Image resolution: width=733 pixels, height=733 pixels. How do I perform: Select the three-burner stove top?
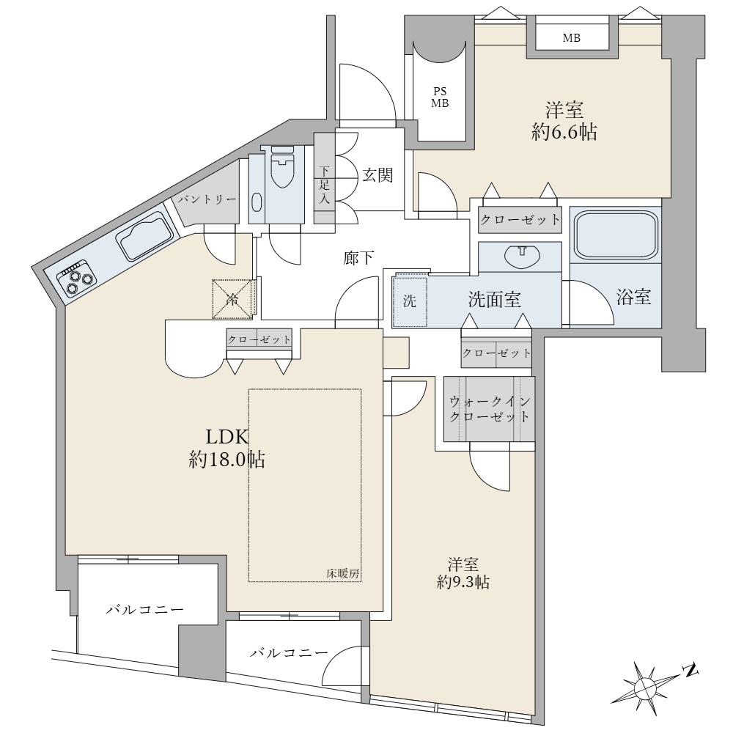77,279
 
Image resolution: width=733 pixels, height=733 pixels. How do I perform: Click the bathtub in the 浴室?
615,235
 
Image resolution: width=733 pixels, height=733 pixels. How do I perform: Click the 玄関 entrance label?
377,175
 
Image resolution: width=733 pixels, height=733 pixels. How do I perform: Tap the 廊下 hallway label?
358,257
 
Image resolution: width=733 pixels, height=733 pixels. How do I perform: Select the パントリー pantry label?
206,199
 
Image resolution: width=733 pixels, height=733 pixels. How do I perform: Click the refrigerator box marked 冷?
232,299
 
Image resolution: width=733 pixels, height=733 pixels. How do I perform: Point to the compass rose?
649,687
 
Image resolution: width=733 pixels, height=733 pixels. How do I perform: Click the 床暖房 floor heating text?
342,574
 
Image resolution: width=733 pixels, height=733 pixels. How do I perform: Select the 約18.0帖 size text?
227,460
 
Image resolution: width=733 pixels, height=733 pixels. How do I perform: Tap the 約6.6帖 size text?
564,132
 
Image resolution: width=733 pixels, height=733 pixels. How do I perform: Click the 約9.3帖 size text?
463,582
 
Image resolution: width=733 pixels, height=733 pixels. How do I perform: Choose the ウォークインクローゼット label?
490,408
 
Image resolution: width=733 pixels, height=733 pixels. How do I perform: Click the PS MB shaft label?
440,97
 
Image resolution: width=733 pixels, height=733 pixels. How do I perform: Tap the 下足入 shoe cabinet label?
325,185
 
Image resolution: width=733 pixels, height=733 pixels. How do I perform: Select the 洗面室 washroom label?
495,300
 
